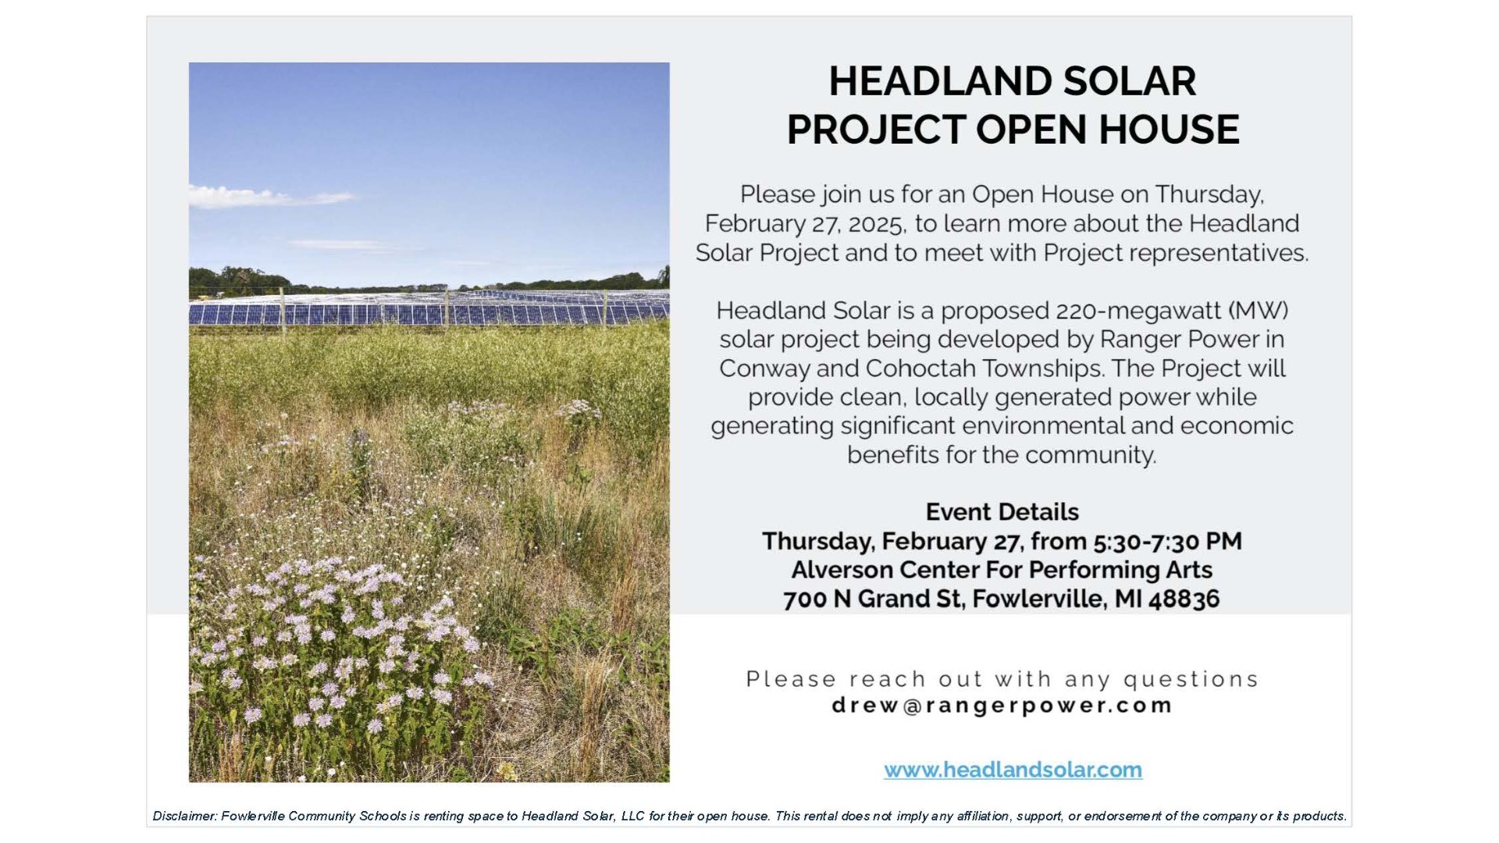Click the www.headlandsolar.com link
tap(1013, 770)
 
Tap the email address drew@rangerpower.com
tap(1002, 706)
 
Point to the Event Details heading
tap(1002, 512)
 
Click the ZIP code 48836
tap(1184, 599)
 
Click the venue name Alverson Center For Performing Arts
tap(1002, 570)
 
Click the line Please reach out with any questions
tap(1002, 679)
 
